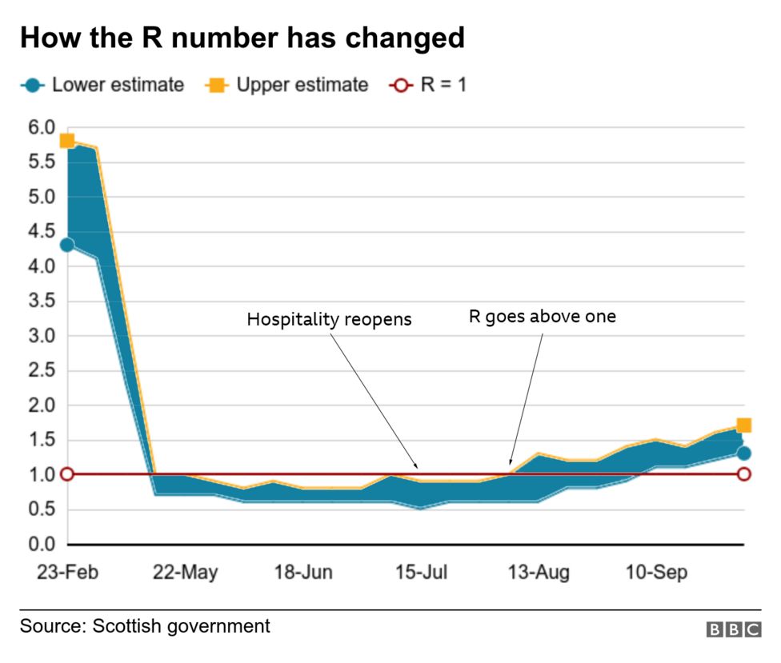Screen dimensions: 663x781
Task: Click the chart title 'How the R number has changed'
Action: pyautogui.click(x=242, y=38)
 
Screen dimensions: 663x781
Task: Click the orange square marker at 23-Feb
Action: pyautogui.click(x=67, y=141)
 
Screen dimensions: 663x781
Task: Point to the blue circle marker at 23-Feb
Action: pyautogui.click(x=67, y=245)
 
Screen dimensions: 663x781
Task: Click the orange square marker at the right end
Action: pyautogui.click(x=743, y=425)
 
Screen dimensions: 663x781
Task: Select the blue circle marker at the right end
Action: pyautogui.click(x=743, y=453)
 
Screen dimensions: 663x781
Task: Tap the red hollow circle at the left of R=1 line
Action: pyautogui.click(x=67, y=474)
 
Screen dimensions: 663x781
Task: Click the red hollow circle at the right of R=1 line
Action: pyautogui.click(x=743, y=474)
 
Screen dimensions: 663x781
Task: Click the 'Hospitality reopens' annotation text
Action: pyautogui.click(x=329, y=320)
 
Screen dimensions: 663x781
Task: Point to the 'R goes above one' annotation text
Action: pyautogui.click(x=542, y=316)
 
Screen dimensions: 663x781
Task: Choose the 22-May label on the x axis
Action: pyautogui.click(x=185, y=573)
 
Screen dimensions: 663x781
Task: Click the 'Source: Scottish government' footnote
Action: pyautogui.click(x=145, y=625)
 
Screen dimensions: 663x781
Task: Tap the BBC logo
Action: pyautogui.click(x=733, y=630)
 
